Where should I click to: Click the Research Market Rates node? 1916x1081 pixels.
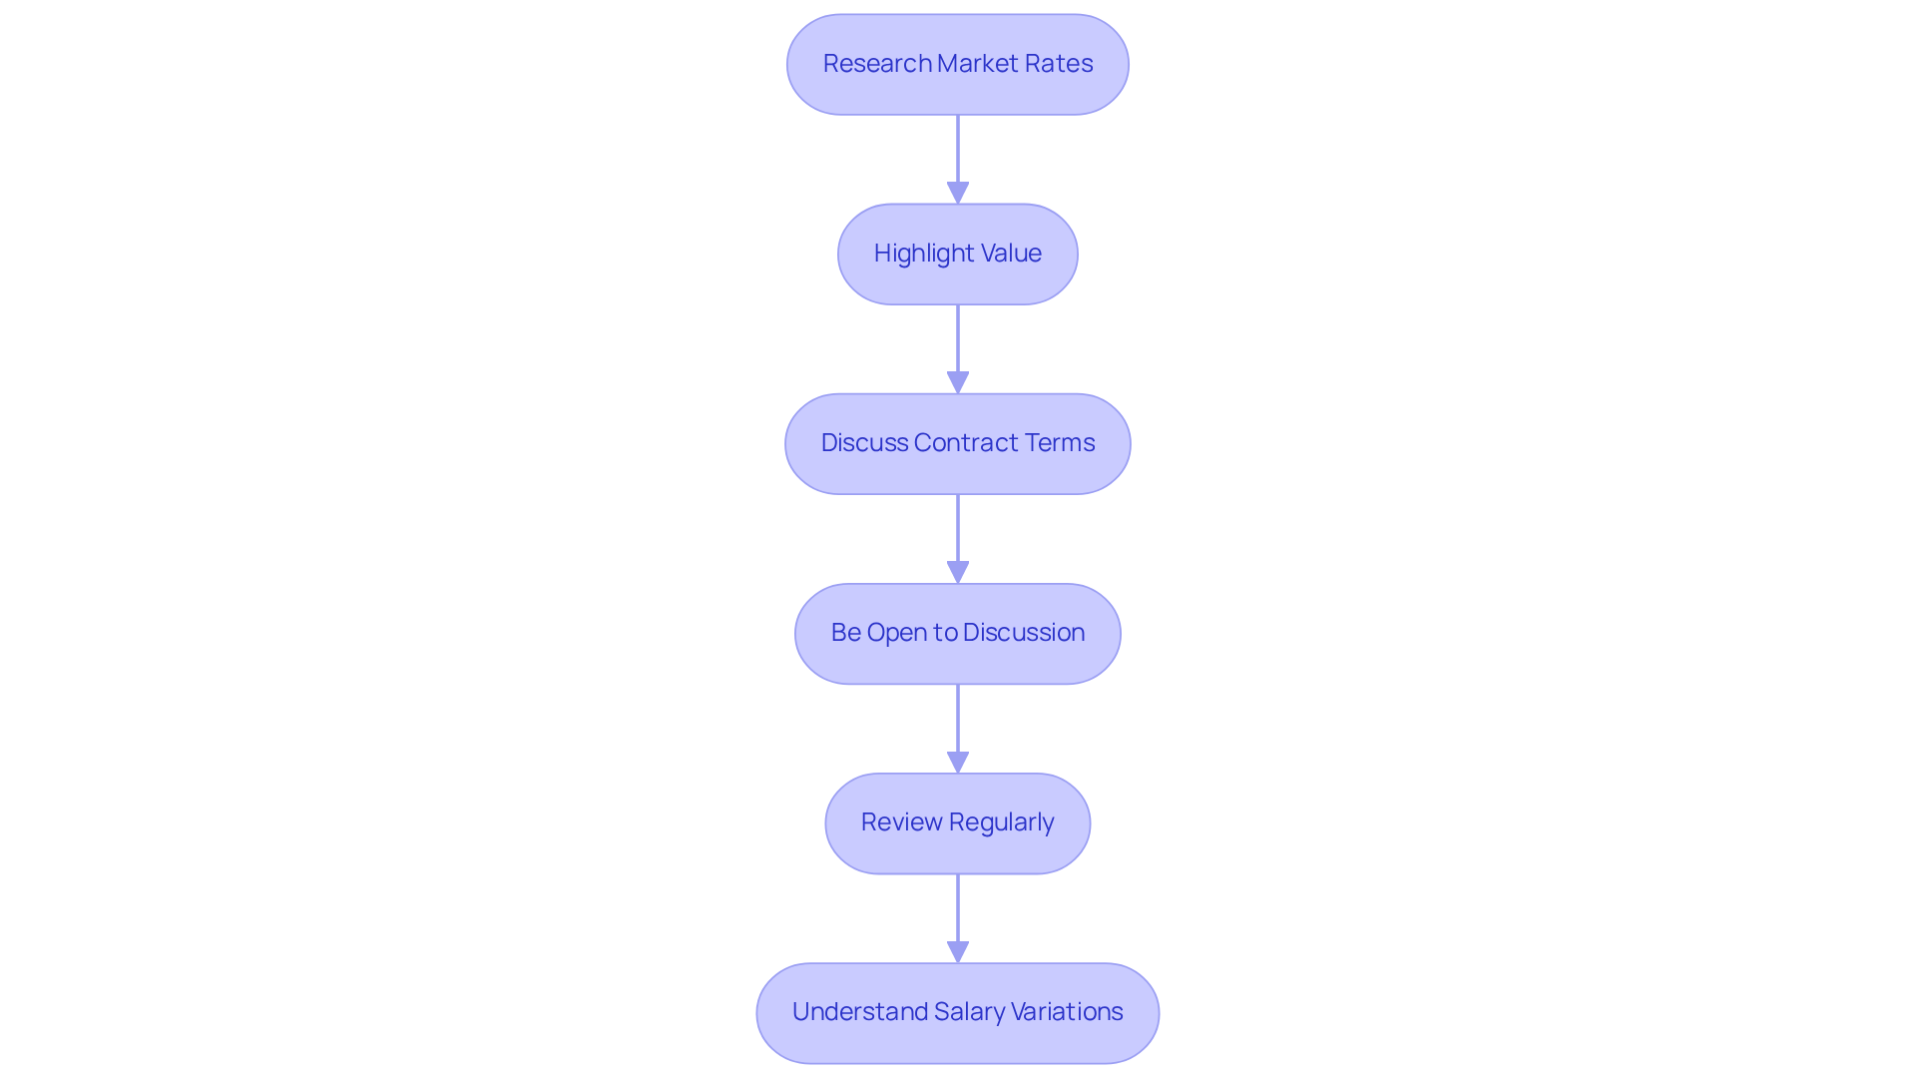coord(957,64)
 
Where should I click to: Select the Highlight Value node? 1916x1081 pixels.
coord(957,254)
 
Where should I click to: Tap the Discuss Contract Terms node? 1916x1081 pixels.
coord(957,443)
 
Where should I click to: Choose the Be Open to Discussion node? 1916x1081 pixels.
coord(957,633)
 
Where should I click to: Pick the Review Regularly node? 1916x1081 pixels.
coord(957,822)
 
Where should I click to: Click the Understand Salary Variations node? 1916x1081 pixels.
coord(957,1012)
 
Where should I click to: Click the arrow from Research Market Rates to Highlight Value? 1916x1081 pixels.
coord(958,155)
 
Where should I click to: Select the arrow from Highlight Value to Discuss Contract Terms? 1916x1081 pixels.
coord(958,344)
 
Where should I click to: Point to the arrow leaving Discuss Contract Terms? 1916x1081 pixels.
coord(958,534)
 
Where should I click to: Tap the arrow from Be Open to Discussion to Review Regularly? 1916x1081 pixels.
coord(958,724)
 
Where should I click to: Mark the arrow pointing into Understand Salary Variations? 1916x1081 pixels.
coord(958,913)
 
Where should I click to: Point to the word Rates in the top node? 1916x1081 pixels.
coord(1061,64)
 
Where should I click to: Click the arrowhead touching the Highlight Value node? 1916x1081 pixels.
coord(958,194)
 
